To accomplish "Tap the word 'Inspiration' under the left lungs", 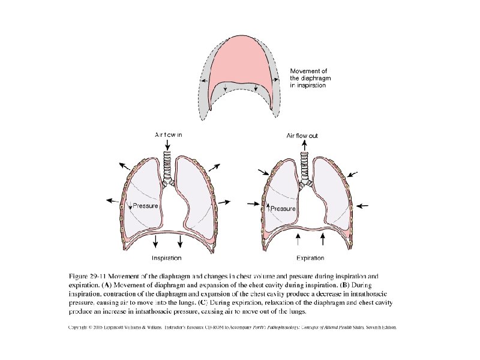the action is coord(167,258).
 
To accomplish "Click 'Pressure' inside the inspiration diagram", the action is coord(145,206).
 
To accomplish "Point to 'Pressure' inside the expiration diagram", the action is coord(284,209).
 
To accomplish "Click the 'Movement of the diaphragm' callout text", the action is coord(308,78).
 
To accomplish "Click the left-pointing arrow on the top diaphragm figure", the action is coord(205,80).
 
